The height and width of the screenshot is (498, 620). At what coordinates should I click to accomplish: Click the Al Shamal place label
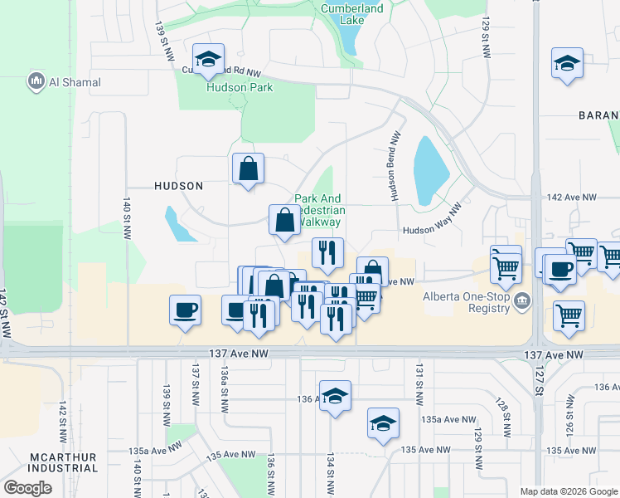coord(65,82)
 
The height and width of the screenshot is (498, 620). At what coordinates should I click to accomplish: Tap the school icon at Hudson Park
coord(208,60)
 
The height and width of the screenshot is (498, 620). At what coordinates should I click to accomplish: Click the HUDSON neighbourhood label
coord(179,186)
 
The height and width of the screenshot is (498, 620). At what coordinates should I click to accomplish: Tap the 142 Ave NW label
coord(571,197)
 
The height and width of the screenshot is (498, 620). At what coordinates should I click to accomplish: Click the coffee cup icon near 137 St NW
coord(185,310)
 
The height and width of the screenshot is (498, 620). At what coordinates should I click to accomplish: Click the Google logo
coord(27,487)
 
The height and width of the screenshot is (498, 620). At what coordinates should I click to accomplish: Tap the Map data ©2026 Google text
coord(569,491)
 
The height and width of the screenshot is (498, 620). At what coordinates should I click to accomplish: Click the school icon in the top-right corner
coord(568,63)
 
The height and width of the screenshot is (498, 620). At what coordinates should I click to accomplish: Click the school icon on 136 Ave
coord(335,397)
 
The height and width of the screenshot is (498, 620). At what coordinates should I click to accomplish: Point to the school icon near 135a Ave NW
coord(383,423)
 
